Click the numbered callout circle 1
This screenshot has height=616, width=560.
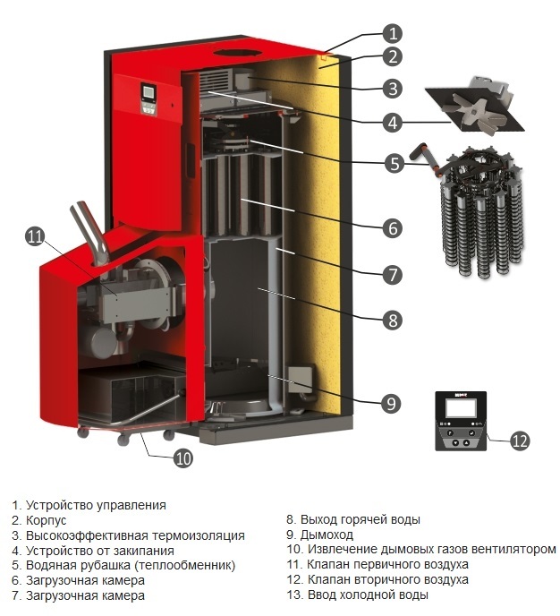point(392,35)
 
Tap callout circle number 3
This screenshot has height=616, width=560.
point(392,89)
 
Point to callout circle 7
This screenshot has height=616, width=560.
point(392,273)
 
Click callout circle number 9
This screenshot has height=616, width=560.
point(392,404)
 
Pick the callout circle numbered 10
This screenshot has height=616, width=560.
point(183,458)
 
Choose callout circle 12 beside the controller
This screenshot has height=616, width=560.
point(520,440)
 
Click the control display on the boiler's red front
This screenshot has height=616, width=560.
point(148,97)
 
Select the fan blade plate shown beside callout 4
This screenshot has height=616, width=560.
point(473,105)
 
